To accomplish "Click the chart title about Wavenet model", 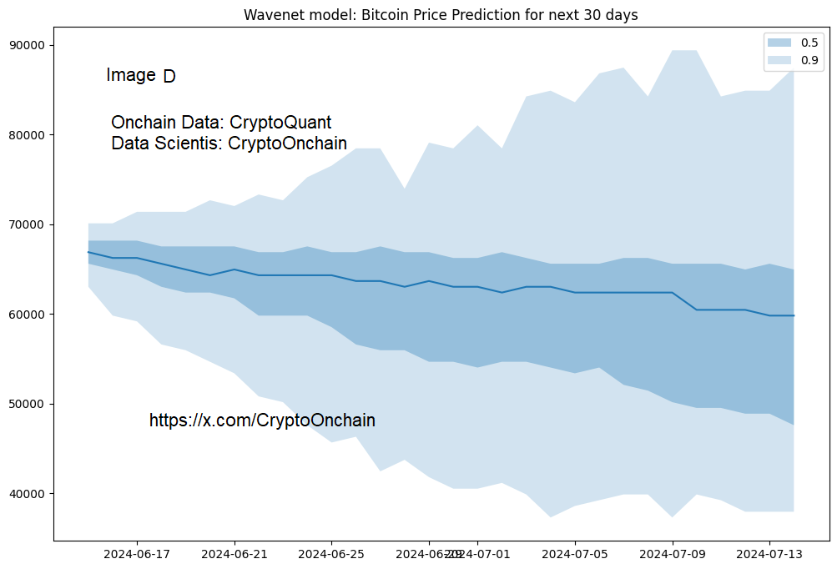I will (x=441, y=15).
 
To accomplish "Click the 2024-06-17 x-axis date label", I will (x=137, y=553).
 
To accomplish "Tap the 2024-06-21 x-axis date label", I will (x=234, y=553).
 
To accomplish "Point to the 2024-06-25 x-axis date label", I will (x=331, y=553).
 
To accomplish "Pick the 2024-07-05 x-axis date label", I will (x=575, y=553).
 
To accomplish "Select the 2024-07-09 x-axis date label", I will (x=673, y=553).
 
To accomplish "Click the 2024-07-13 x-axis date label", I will (x=769, y=553).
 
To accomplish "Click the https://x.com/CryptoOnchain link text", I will (x=262, y=420).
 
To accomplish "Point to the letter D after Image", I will (x=169, y=76).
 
